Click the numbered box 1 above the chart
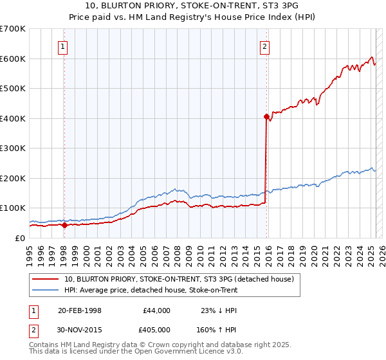[x=63, y=46]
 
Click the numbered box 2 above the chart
[x=264, y=46]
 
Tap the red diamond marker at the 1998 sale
[x=64, y=225]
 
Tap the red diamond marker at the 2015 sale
[x=266, y=117]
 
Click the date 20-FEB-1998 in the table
[x=80, y=310]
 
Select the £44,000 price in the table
[x=157, y=310]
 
